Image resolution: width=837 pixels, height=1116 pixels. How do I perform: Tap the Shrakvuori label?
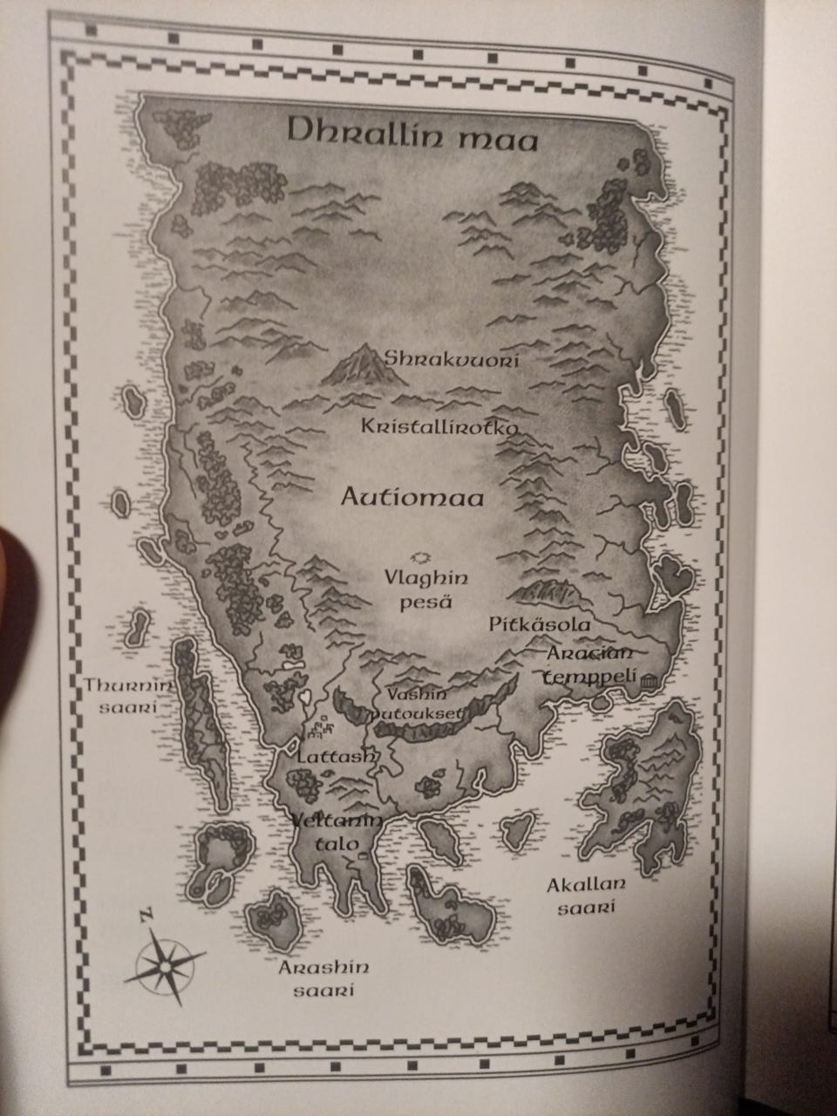click(453, 359)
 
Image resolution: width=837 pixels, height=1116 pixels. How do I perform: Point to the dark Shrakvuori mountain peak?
click(361, 366)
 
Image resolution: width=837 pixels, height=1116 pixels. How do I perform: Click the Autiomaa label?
click(412, 496)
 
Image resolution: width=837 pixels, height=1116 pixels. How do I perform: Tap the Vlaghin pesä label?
click(426, 589)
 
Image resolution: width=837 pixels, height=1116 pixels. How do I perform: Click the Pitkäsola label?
click(540, 624)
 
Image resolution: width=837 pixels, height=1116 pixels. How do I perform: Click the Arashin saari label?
click(324, 978)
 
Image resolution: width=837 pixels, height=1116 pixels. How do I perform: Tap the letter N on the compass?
click(145, 915)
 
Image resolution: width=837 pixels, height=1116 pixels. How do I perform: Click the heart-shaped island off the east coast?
click(674, 576)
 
